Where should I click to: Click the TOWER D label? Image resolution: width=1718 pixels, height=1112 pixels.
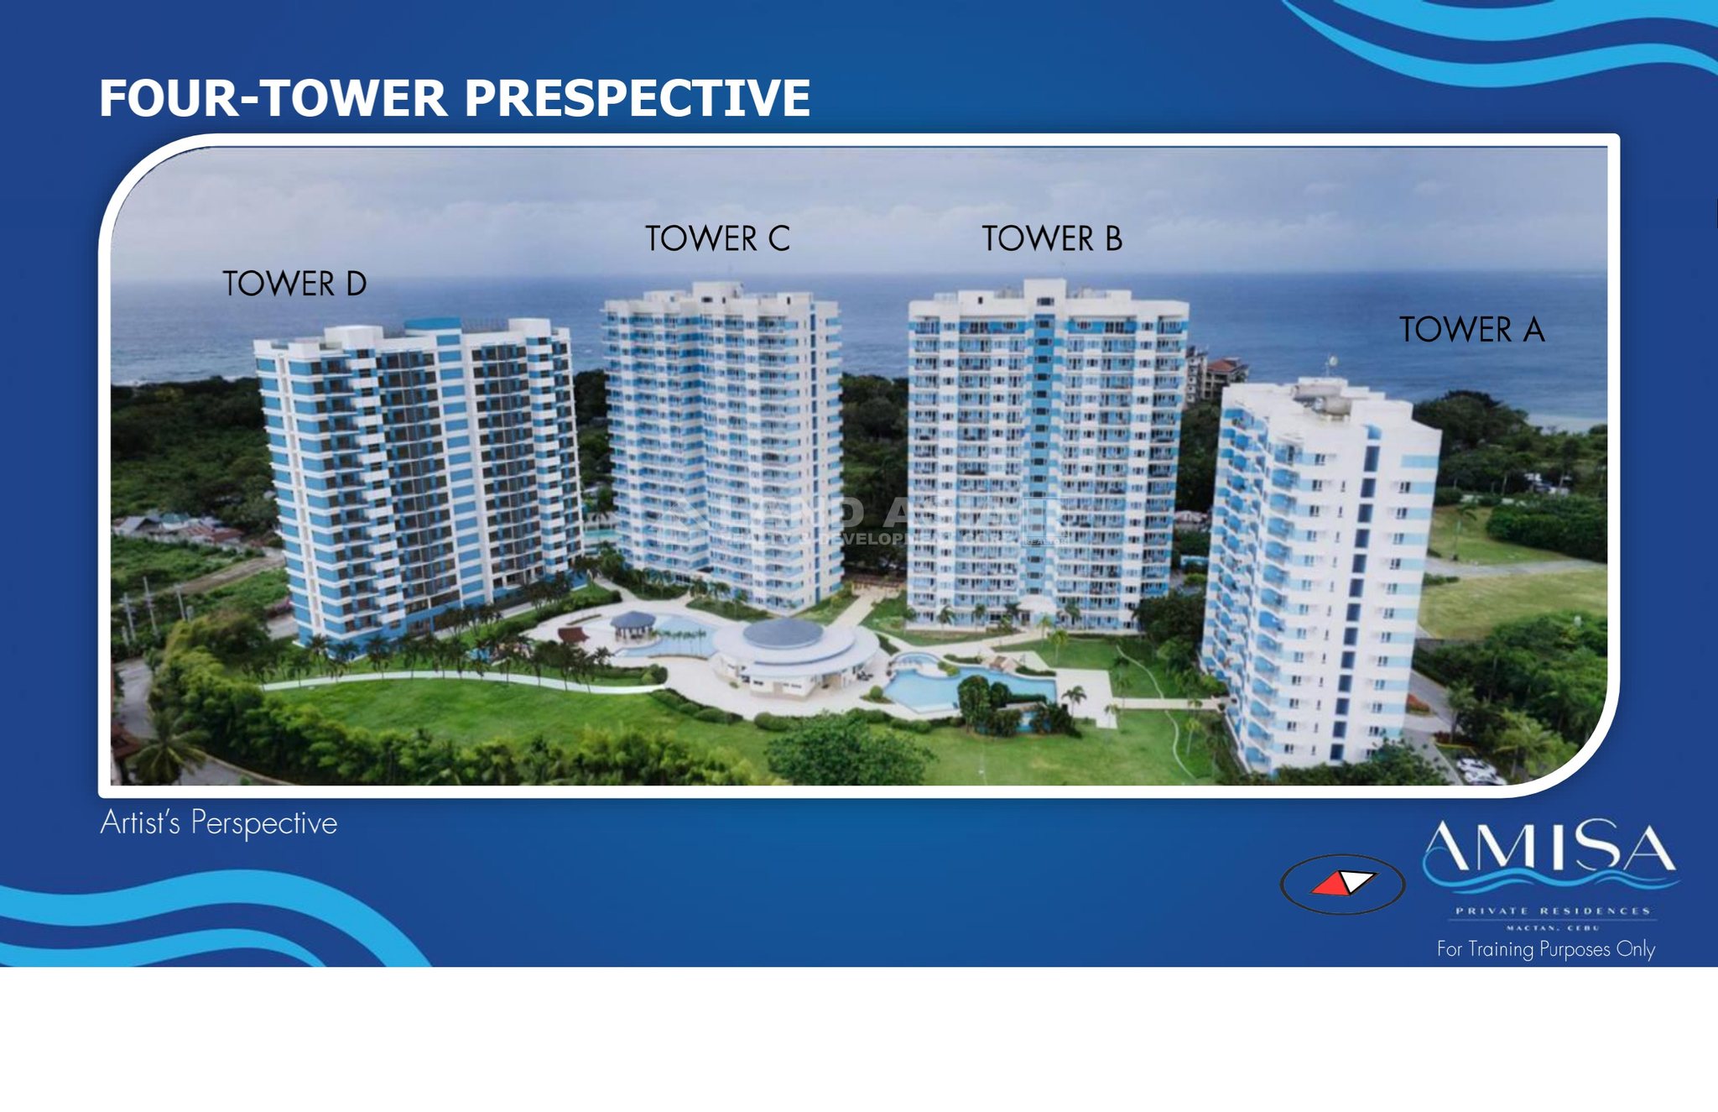(x=294, y=284)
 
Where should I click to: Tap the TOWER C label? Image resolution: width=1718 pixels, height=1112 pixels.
(x=717, y=238)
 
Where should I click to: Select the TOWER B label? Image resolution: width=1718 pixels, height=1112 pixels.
(x=1052, y=238)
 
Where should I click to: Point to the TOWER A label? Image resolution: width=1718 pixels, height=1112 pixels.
(x=1471, y=329)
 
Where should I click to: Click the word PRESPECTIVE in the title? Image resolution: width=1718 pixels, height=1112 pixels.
(x=637, y=98)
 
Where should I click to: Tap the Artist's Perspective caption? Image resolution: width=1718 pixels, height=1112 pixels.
(x=219, y=823)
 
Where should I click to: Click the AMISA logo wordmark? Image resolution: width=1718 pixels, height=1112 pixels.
(x=1549, y=849)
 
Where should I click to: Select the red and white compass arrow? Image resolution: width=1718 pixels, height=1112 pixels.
(x=1342, y=884)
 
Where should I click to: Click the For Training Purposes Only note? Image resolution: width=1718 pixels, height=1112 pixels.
(x=1545, y=949)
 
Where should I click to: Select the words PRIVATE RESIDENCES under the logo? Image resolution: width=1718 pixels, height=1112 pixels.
(x=1552, y=911)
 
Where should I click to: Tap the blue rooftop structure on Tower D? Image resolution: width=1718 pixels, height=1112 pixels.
(x=432, y=324)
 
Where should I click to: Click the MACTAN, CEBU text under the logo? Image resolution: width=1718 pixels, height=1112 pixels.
(x=1553, y=927)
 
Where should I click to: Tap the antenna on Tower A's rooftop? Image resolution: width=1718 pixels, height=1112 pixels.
(x=1330, y=365)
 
